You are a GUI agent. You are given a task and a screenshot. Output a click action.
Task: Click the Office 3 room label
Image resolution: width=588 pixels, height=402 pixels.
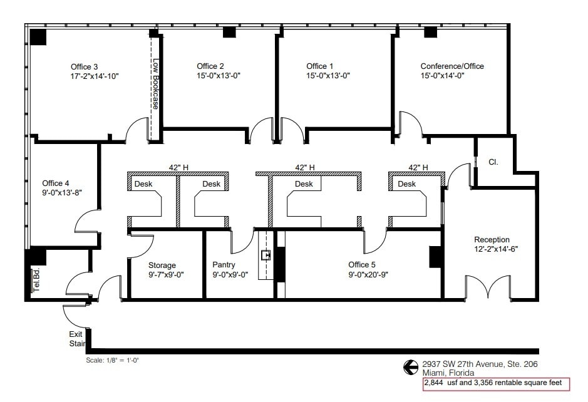[x=84, y=66]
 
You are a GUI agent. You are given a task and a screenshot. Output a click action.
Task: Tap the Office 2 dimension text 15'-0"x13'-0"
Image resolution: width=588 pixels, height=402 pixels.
[x=219, y=76]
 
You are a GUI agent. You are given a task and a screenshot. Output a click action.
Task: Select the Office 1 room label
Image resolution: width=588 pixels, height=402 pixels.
[x=319, y=66]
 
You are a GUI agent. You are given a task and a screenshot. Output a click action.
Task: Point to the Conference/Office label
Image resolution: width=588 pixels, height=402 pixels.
[x=451, y=66]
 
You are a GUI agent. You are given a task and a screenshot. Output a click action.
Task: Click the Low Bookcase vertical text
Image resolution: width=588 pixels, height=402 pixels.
[x=156, y=84]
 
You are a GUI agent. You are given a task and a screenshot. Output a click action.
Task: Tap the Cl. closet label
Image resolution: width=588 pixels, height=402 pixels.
[x=493, y=162]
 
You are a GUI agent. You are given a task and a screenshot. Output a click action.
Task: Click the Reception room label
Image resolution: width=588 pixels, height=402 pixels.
[x=492, y=240]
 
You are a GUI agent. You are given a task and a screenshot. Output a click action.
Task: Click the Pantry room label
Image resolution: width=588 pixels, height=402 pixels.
[x=224, y=265]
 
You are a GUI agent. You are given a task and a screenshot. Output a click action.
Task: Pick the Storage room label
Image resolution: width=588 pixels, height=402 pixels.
[x=162, y=265]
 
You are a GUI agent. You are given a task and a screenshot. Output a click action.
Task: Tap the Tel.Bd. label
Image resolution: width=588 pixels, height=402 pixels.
[x=36, y=279]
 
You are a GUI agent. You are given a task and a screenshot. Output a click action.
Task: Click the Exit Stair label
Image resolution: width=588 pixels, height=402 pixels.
[x=76, y=339]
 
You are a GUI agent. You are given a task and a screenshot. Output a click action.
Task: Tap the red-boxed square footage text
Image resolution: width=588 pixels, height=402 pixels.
[x=496, y=383]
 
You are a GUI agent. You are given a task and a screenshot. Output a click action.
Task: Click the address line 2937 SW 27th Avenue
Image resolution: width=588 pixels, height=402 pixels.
[x=480, y=364]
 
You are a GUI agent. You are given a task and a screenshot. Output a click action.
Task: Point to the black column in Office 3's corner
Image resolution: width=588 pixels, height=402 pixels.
[x=38, y=36]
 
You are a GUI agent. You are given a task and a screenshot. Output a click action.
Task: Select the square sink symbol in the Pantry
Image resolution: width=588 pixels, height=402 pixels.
[x=266, y=255]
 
